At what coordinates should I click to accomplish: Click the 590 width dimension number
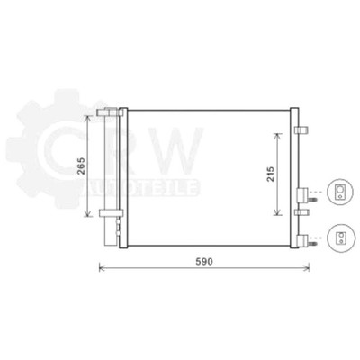tap(204, 262)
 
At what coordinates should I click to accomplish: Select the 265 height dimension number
tap(81, 166)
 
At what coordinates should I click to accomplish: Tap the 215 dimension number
tap(271, 174)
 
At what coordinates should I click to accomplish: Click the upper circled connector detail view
tap(339, 192)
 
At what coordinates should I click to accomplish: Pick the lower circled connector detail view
tap(339, 238)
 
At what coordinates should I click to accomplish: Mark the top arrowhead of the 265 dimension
tap(87, 118)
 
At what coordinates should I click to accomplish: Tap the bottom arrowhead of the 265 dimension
tap(87, 213)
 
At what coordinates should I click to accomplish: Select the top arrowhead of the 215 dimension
tap(278, 136)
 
